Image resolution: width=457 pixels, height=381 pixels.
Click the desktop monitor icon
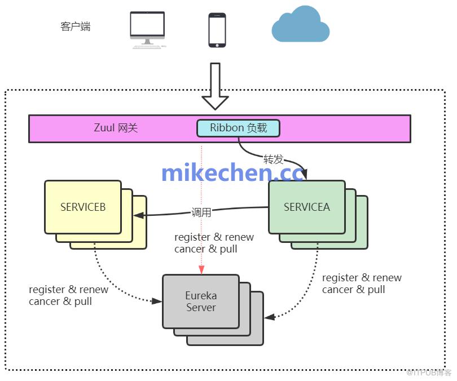pyautogui.click(x=148, y=30)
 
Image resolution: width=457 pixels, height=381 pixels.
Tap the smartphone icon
pyautogui.click(x=217, y=30)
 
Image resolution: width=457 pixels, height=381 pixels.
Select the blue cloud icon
pyautogui.click(x=301, y=24)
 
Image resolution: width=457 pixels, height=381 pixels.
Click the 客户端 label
pyautogui.click(x=76, y=26)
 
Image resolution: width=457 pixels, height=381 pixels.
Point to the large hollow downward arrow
pyautogui.click(x=215, y=86)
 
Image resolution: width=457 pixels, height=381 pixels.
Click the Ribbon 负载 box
pyautogui.click(x=239, y=128)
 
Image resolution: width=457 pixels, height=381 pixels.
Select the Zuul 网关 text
pyautogui.click(x=116, y=128)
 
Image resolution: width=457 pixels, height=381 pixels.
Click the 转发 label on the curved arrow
pyautogui.click(x=274, y=159)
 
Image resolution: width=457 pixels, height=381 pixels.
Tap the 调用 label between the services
pyautogui.click(x=201, y=212)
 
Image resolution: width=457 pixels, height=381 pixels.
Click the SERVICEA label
pyautogui.click(x=307, y=207)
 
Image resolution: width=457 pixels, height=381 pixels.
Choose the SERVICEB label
pyautogui.click(x=83, y=207)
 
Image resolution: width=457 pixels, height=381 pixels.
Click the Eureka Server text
pyautogui.click(x=201, y=302)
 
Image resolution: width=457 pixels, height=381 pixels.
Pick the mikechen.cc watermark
pyautogui.click(x=232, y=172)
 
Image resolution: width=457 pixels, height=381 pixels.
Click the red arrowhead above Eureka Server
pyautogui.click(x=201, y=270)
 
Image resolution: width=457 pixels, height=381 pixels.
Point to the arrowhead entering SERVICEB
pyautogui.click(x=138, y=215)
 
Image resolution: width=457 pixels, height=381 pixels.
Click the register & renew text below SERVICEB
pyautogui.click(x=68, y=290)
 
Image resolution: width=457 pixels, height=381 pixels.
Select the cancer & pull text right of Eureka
pyautogui.click(x=354, y=290)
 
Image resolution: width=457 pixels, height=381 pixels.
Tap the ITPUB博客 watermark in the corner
pyautogui.click(x=428, y=373)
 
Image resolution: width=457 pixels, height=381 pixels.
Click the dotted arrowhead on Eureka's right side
pyautogui.click(x=270, y=317)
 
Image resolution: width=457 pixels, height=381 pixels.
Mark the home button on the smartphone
pyautogui.click(x=217, y=45)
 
